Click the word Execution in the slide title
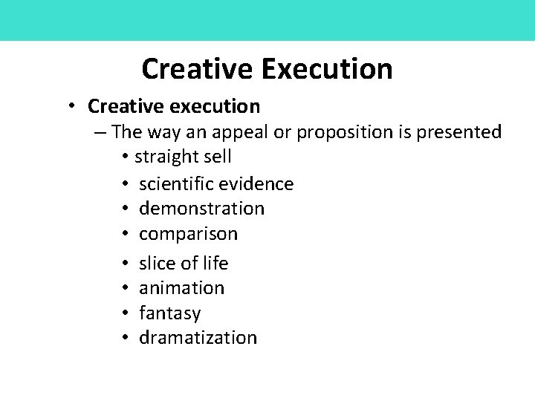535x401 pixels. click(x=326, y=69)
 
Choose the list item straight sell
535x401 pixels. click(x=184, y=157)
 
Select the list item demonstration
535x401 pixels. click(x=201, y=209)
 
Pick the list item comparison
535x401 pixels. click(x=188, y=234)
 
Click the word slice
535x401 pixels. click(x=158, y=264)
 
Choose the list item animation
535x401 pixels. click(x=181, y=288)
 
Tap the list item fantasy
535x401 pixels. click(x=169, y=313)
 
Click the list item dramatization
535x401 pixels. click(x=198, y=338)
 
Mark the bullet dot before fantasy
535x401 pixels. click(x=127, y=313)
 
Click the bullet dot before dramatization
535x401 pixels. click(x=127, y=338)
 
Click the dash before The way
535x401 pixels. click(x=101, y=132)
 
